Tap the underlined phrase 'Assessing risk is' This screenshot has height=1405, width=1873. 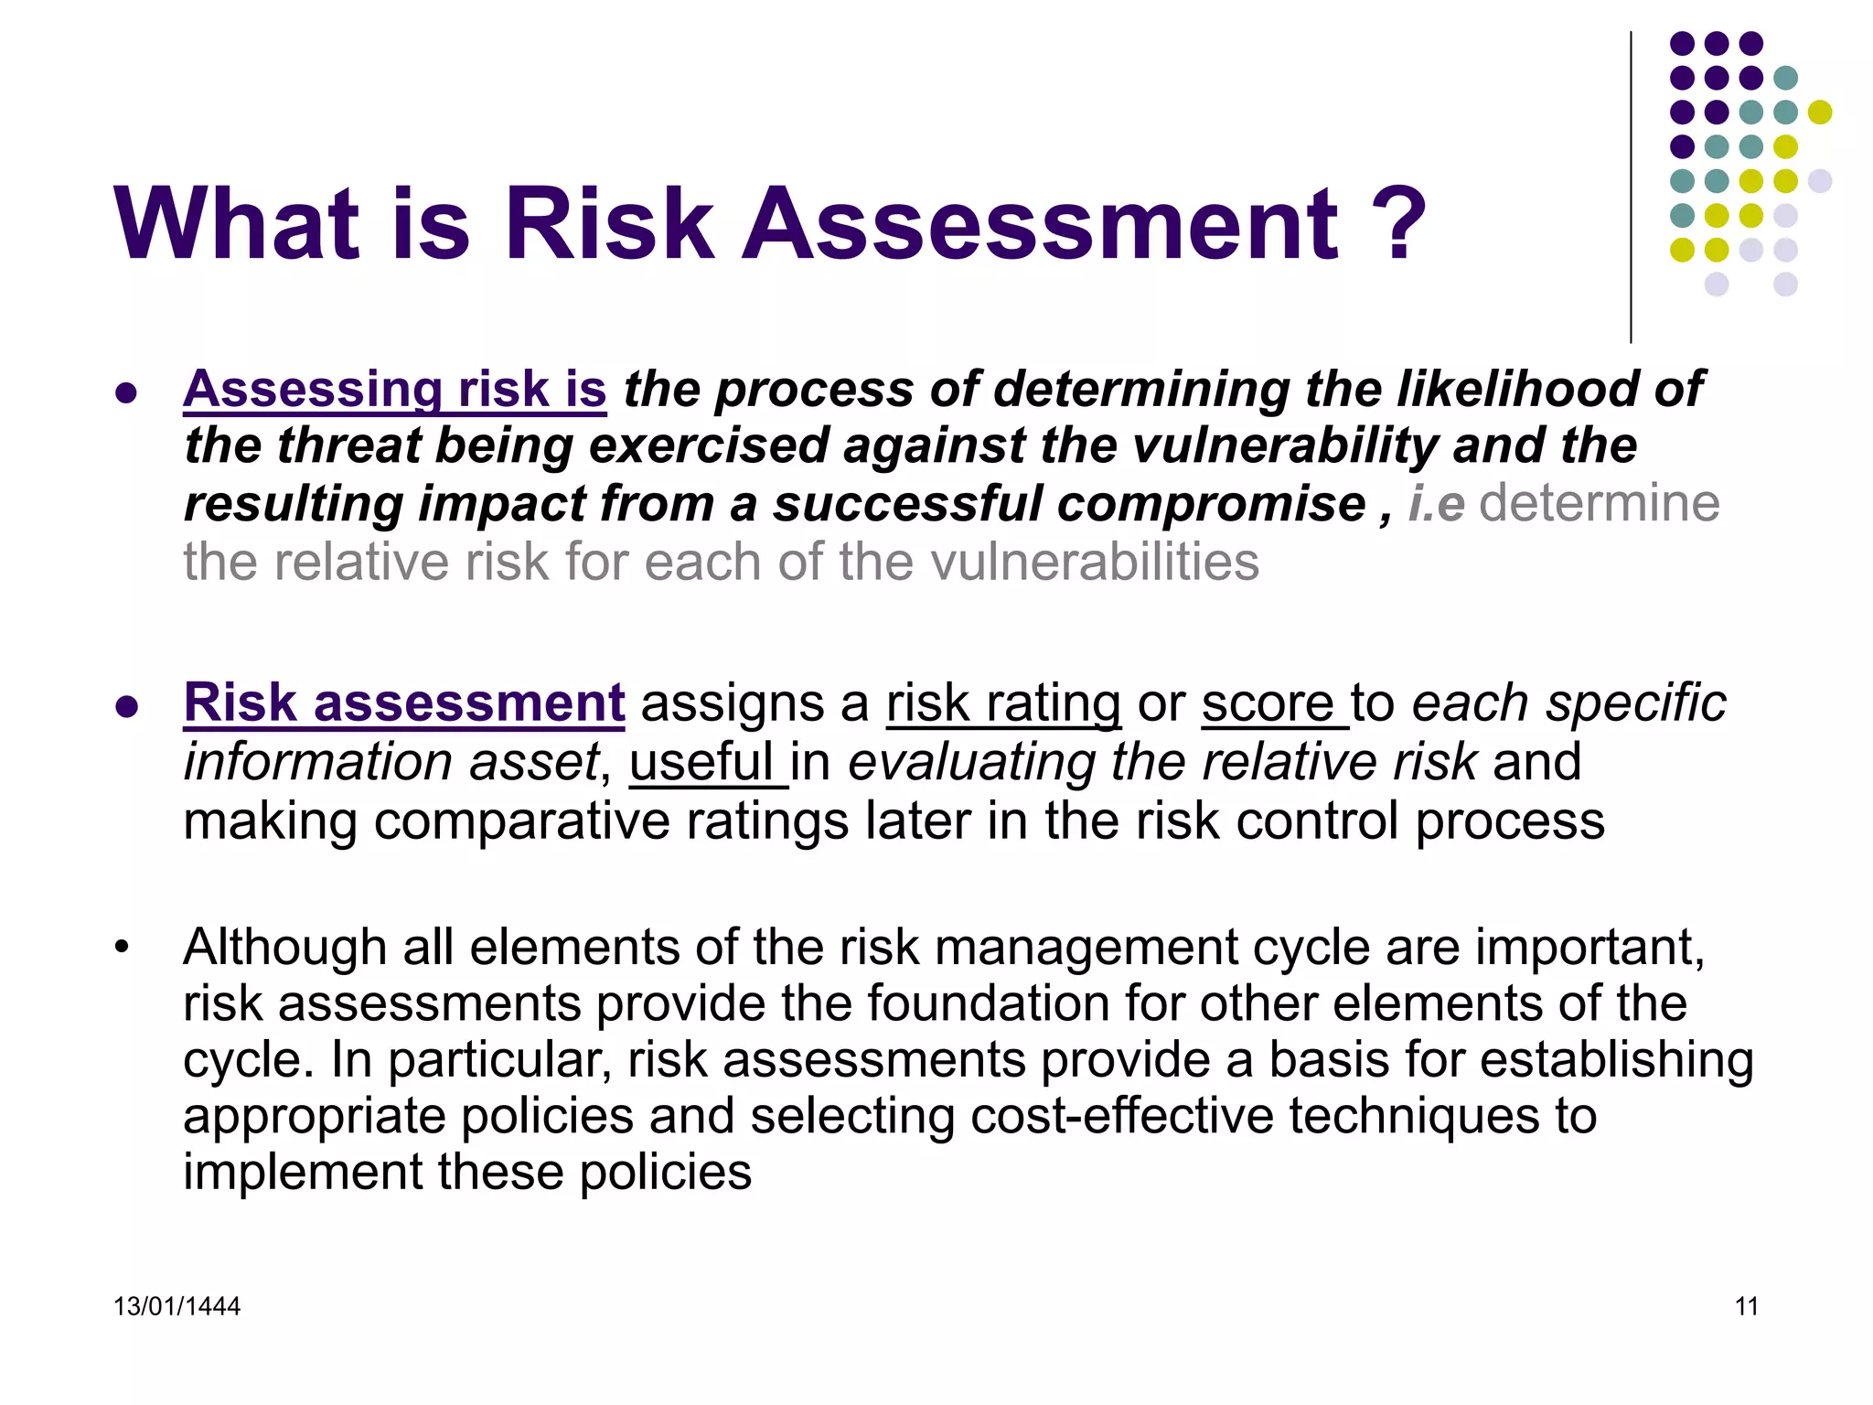394,390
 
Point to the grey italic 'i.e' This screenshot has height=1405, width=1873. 1436,504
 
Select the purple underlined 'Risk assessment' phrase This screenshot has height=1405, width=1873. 403,703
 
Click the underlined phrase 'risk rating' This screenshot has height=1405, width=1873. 1002,704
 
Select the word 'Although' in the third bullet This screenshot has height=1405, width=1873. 284,947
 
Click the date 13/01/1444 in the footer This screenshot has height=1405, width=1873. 177,1306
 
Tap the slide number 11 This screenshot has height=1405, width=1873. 1746,1306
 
